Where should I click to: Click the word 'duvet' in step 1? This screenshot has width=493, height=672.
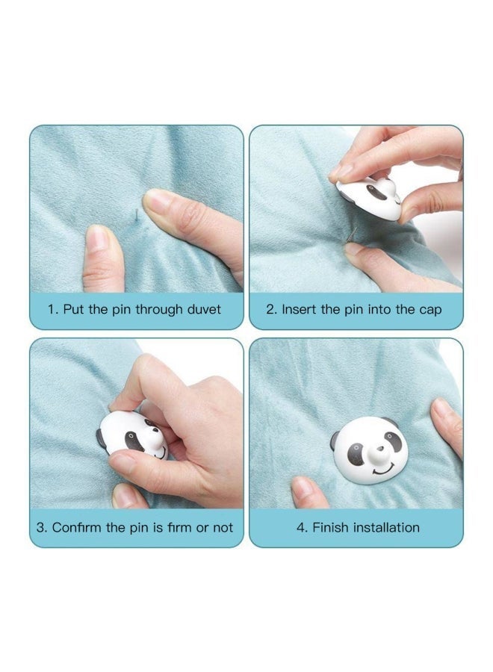pos(204,309)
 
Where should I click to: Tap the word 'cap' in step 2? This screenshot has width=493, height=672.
pos(430,311)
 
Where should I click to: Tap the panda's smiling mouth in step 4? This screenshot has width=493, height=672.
pos(383,470)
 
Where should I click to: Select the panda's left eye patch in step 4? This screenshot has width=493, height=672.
pos(356,453)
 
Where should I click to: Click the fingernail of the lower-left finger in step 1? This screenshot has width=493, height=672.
pos(97,238)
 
